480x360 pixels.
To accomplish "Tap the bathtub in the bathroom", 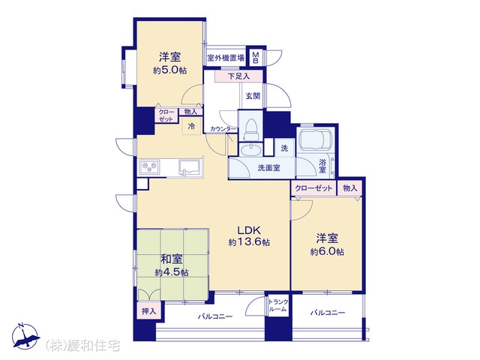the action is click(x=314, y=140).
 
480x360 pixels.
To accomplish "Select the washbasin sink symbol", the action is click(x=250, y=150).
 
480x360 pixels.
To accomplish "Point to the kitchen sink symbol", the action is click(x=190, y=168).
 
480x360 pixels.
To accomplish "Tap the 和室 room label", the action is click(x=172, y=259).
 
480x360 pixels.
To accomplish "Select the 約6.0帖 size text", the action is click(x=327, y=252).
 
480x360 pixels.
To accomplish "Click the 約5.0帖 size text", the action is click(x=169, y=70).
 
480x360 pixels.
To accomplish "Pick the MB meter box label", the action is click(x=256, y=58).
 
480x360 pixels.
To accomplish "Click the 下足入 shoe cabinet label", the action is click(x=238, y=76).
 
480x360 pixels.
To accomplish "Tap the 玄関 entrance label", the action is click(x=253, y=96).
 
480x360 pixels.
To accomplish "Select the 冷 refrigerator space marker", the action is click(x=191, y=126).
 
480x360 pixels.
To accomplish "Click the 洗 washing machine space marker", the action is click(x=284, y=148).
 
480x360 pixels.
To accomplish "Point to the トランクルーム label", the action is click(x=278, y=305).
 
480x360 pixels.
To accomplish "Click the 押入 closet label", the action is click(x=149, y=311).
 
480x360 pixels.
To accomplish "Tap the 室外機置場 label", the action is click(x=226, y=58).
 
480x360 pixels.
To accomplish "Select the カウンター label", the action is click(x=223, y=129).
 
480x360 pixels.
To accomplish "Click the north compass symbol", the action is click(x=25, y=336).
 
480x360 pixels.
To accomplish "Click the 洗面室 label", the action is click(x=268, y=168).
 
